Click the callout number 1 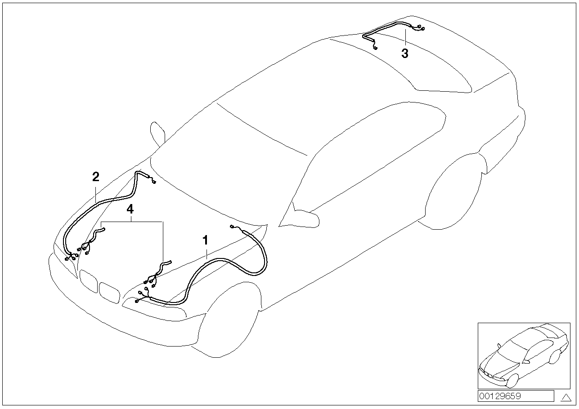pyautogui.click(x=205, y=240)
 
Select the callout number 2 pyautogui.click(x=96, y=177)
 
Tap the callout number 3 pyautogui.click(x=405, y=53)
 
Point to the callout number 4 pyautogui.click(x=130, y=209)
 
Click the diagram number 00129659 pyautogui.click(x=500, y=396)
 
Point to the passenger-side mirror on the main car pyautogui.click(x=157, y=133)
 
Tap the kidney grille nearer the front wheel pyautogui.click(x=110, y=292)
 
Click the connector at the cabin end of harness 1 pyautogui.click(x=231, y=227)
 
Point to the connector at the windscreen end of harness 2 pyautogui.click(x=154, y=182)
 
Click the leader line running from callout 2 pyautogui.click(x=95, y=193)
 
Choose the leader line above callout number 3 pyautogui.click(x=405, y=38)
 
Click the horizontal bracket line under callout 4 pyautogui.click(x=132, y=222)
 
